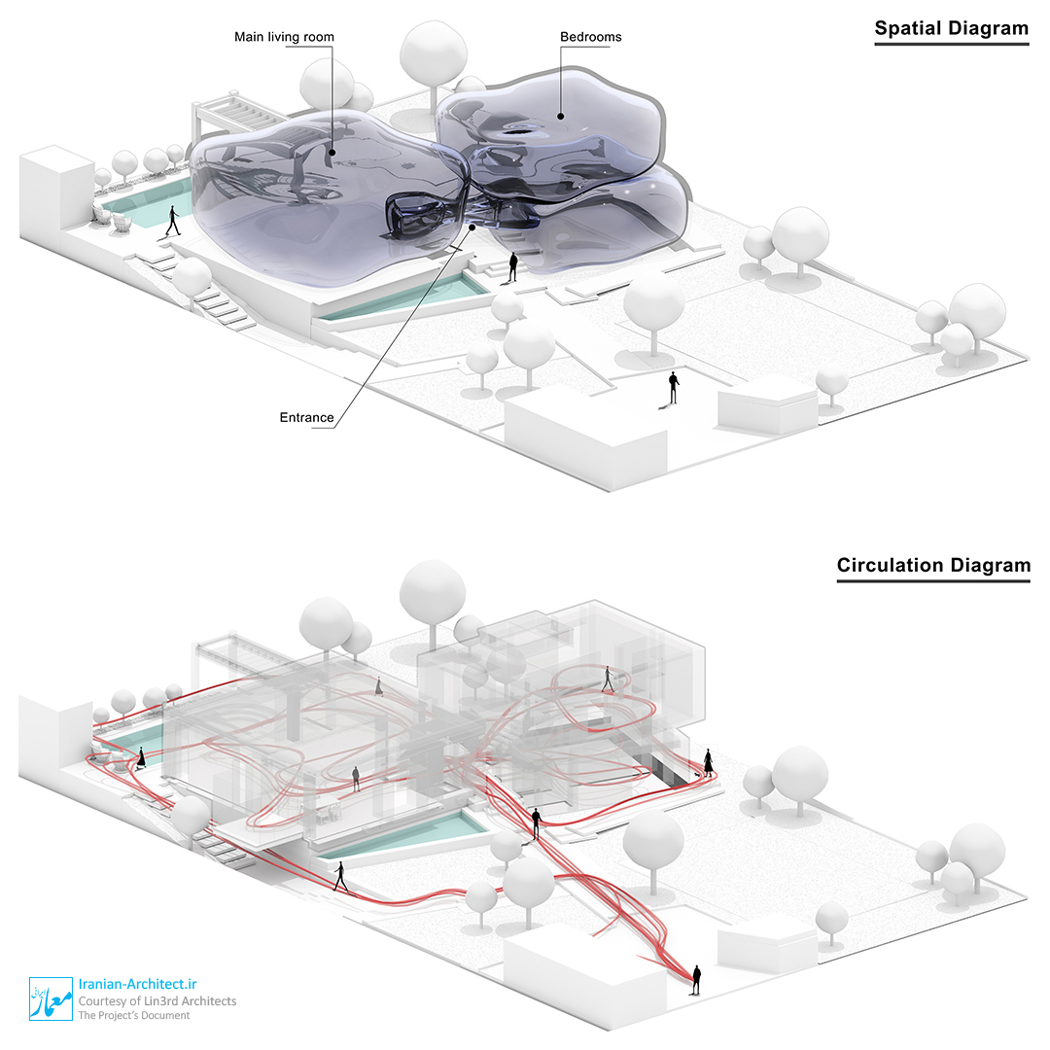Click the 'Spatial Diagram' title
pos(951,28)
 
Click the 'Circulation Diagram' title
pos(933,565)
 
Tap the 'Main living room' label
pos(284,37)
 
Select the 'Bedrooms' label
pos(591,37)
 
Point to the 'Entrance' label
pos(306,417)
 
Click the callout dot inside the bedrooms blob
pos(561,117)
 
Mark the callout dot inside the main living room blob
pos(332,153)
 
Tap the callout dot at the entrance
pos(472,227)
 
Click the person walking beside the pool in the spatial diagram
pos(173,221)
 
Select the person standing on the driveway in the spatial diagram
pos(674,388)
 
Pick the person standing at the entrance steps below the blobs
pos(513,266)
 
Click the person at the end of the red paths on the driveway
pos(696,980)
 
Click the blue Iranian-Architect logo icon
pos(51,998)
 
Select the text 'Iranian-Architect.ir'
pos(138,984)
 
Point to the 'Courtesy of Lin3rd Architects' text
pos(157,1001)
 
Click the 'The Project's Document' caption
pos(134,1015)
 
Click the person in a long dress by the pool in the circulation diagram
pos(141,758)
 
